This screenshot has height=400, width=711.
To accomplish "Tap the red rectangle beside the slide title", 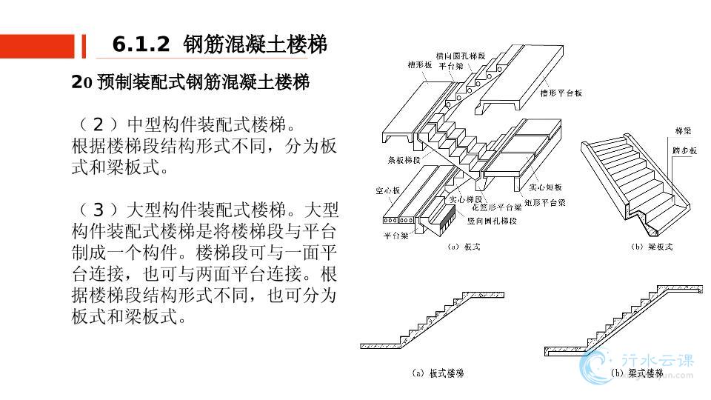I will pos(38,46).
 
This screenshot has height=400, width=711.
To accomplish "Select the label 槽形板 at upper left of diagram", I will pos(419,64).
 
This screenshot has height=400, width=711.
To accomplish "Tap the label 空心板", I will pos(387,191).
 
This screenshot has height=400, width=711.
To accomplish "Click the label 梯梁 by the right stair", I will pos(683,131).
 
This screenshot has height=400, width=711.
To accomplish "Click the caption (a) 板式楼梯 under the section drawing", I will pos(437,373).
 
